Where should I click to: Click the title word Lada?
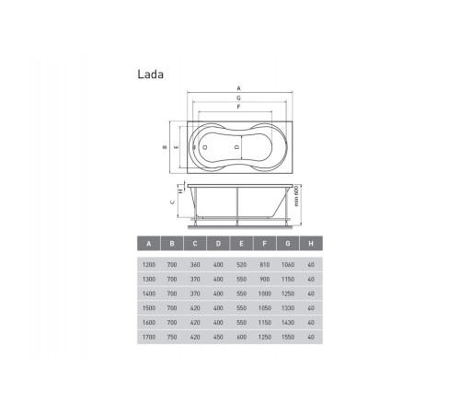(150, 75)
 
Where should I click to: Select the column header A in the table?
(149, 244)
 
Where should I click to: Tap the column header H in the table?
(311, 244)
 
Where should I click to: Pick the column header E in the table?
(241, 244)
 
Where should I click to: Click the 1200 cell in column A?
(149, 265)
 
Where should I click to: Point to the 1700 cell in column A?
(149, 337)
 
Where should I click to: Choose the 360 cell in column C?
(195, 265)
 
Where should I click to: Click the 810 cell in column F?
(265, 265)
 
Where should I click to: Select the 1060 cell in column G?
(288, 265)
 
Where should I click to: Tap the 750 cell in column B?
(172, 337)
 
